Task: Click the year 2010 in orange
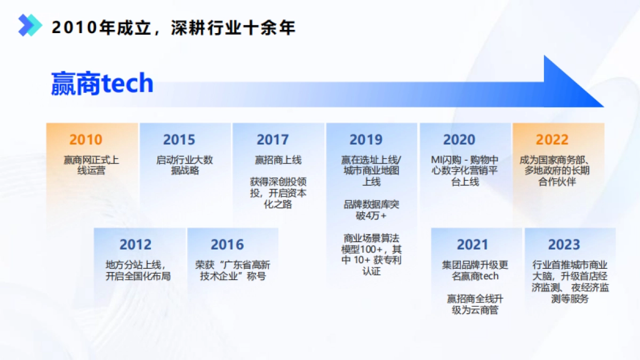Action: click(x=85, y=140)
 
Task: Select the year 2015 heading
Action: click(x=179, y=140)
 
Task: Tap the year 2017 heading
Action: click(x=273, y=140)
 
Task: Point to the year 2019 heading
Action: click(x=366, y=140)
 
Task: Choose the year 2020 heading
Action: click(x=459, y=140)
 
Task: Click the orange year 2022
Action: click(x=552, y=140)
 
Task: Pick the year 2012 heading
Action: click(x=135, y=245)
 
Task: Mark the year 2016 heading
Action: click(x=227, y=245)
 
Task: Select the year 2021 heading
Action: click(x=473, y=245)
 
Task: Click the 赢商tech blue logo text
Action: click(x=102, y=84)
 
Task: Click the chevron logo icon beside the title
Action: click(x=30, y=26)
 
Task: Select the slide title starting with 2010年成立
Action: click(x=173, y=27)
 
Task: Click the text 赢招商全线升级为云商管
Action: click(x=475, y=304)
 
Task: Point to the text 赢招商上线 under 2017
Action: click(x=278, y=159)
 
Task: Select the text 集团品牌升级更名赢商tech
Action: click(x=475, y=270)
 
